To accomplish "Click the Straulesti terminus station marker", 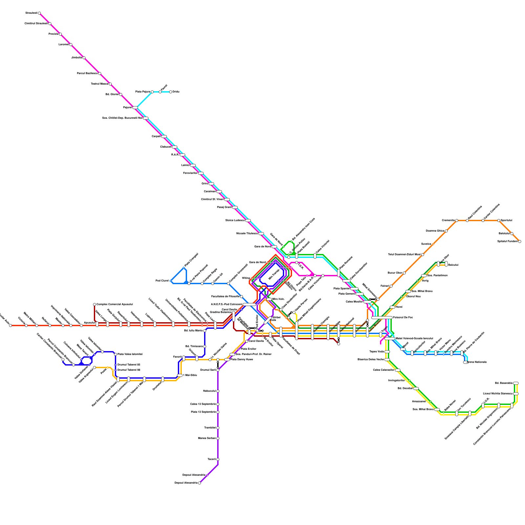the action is tap(39, 13).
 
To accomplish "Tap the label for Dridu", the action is tap(176, 92).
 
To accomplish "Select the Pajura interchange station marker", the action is tap(135, 107).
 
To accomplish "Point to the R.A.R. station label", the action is tap(175, 155).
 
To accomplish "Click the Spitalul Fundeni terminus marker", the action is tap(519, 241).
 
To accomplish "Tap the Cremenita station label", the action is tap(448, 220).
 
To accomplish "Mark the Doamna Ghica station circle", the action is tap(446, 231).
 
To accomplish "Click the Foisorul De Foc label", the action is tap(403, 317).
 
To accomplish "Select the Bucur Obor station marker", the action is tap(404, 273).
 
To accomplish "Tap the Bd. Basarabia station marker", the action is tap(516, 383).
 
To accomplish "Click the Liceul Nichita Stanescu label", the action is tap(497, 393).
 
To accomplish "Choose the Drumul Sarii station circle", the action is tap(218, 370).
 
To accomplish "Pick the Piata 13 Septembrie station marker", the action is tap(218, 412).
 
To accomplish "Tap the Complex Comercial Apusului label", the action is tap(115, 304).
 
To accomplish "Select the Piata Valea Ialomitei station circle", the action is tap(115, 354).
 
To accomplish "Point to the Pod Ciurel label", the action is tap(162, 281).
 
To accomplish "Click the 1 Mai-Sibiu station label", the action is tap(190, 375).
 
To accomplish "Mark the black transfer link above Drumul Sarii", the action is tap(218, 364).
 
